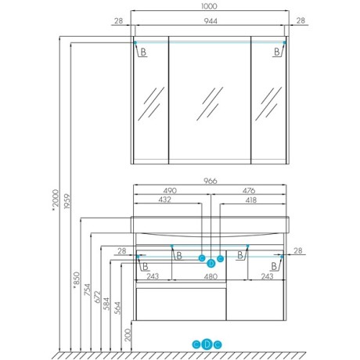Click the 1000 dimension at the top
[x=209, y=6]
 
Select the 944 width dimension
[x=211, y=21]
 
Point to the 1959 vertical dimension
[x=67, y=200]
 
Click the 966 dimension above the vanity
[x=210, y=181]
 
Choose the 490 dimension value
[x=170, y=191]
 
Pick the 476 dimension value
[x=249, y=191]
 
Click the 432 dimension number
[x=165, y=200]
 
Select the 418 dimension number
[x=250, y=200]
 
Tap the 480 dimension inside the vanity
[x=211, y=276]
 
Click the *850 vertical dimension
[x=76, y=280]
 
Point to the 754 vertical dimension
[x=87, y=290]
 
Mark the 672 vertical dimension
[x=97, y=297]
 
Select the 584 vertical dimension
[x=107, y=304]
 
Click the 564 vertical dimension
[x=118, y=308]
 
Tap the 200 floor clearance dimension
[x=128, y=335]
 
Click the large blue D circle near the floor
[x=207, y=344]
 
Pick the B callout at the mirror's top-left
[x=143, y=52]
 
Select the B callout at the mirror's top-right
[x=277, y=52]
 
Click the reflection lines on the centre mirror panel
[x=210, y=103]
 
